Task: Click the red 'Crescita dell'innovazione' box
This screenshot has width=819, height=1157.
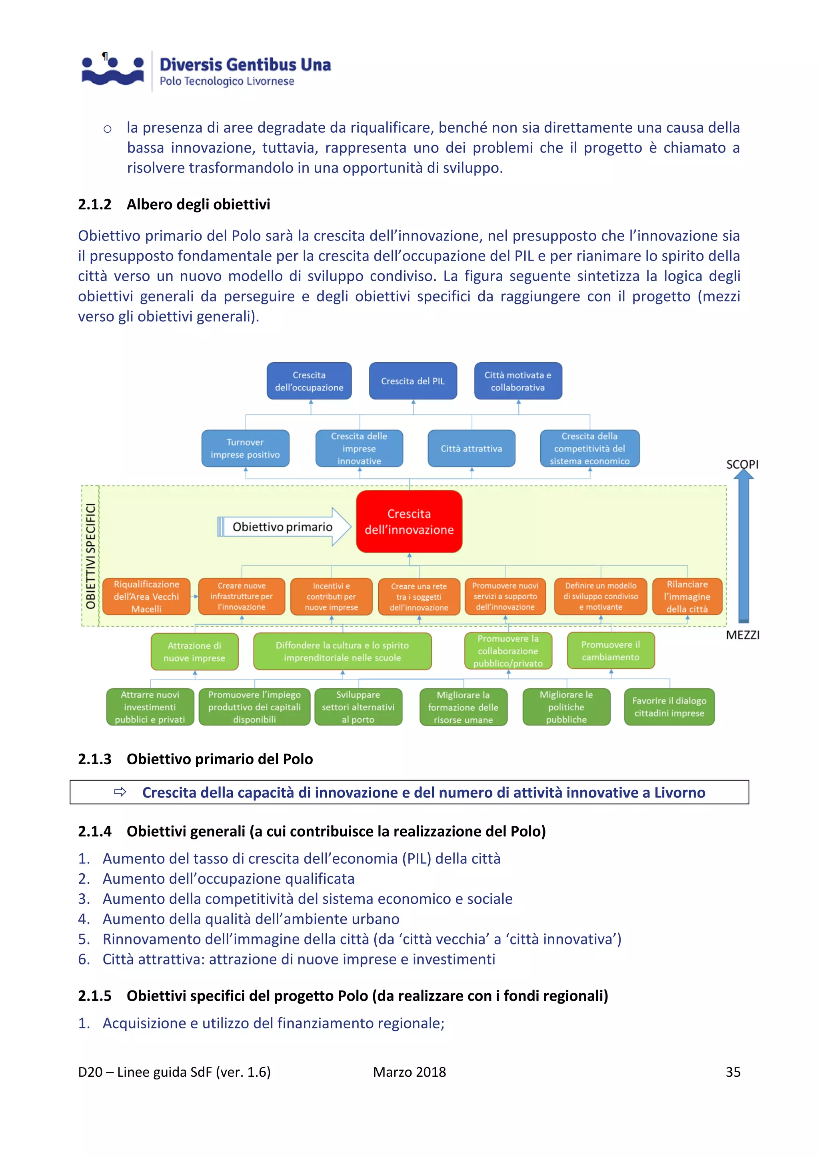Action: (409, 521)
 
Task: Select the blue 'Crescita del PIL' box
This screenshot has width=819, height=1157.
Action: (413, 381)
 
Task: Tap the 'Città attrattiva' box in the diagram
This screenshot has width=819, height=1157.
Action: (471, 449)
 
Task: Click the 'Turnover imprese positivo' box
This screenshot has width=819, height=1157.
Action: (245, 449)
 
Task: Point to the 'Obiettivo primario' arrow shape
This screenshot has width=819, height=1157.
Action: (284, 527)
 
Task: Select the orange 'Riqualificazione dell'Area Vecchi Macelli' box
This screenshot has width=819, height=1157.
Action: (146, 596)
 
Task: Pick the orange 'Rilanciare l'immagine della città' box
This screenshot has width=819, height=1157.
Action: (687, 596)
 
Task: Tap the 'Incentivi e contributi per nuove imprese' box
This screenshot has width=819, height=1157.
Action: (332, 596)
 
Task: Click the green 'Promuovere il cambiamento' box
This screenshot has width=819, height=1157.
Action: (610, 650)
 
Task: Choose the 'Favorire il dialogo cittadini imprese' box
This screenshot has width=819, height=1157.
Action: (669, 707)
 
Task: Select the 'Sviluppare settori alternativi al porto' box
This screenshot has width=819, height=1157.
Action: (358, 707)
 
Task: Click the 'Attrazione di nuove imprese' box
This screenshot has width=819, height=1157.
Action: (194, 652)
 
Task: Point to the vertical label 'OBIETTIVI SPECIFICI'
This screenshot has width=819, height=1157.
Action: (91, 556)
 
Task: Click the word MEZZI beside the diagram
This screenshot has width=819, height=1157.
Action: (742, 636)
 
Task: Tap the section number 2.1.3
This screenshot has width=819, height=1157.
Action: (95, 759)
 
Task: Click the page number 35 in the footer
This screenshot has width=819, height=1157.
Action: (733, 1072)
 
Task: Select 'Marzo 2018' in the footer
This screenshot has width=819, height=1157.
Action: (409, 1072)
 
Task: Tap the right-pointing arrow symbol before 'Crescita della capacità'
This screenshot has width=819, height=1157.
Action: (120, 792)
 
